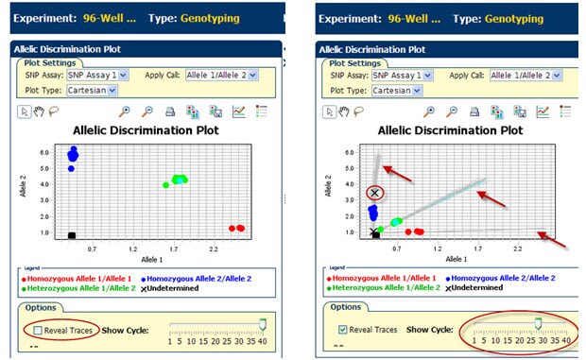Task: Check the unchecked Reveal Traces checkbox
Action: click(x=38, y=330)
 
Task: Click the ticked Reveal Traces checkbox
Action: click(x=343, y=330)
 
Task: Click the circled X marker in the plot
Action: click(x=375, y=194)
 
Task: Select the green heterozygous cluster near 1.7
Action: click(x=177, y=180)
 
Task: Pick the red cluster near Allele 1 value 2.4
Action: click(x=236, y=228)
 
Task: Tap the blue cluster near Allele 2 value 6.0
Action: click(x=73, y=153)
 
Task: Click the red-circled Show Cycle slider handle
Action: click(x=538, y=323)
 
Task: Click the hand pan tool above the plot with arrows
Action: click(x=346, y=111)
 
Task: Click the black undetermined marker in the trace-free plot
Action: click(x=72, y=235)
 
